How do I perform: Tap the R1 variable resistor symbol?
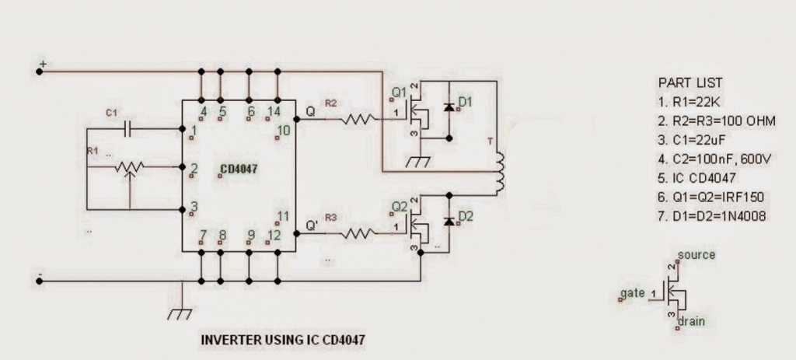[x=129, y=167]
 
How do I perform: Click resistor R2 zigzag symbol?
[x=358, y=119]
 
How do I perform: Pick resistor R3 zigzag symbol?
[x=358, y=231]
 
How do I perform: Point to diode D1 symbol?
[x=449, y=107]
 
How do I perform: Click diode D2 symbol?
[x=449, y=221]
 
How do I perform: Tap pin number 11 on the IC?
[x=284, y=216]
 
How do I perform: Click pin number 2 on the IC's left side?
[x=194, y=167]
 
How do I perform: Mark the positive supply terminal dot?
[x=40, y=72]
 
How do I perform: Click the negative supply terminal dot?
[x=40, y=278]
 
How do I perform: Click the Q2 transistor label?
[x=399, y=208]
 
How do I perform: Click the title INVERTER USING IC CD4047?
[x=283, y=340]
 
